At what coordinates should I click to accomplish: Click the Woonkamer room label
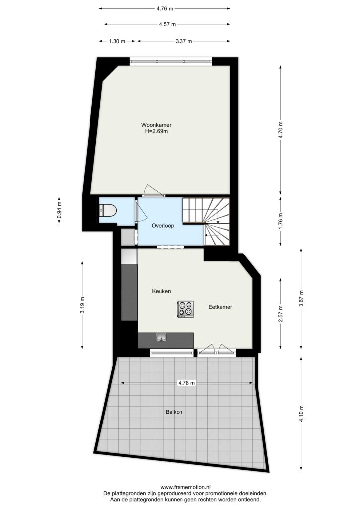[x=156, y=125]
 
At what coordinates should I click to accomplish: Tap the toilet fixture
[x=108, y=210]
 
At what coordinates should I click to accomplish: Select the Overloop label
[x=163, y=226]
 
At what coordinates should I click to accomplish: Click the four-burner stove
[x=185, y=309]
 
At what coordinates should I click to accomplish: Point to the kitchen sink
[x=161, y=338]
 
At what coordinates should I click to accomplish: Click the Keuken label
[x=161, y=291]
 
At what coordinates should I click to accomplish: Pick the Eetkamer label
[x=220, y=307]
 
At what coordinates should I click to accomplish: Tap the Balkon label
[x=174, y=412]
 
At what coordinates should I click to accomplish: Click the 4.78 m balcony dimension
[x=186, y=383]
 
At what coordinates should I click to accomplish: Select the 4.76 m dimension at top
[x=165, y=9]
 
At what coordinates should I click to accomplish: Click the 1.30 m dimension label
[x=117, y=41]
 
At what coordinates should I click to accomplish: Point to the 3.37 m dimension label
[x=184, y=41]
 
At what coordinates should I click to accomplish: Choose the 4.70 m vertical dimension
[x=281, y=130]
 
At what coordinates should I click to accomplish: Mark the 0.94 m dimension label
[x=59, y=210]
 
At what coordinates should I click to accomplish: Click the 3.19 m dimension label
[x=82, y=305]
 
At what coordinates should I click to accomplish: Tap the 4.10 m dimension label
[x=301, y=414]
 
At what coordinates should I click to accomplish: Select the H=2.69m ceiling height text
[x=156, y=131]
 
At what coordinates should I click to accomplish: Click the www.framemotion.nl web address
[x=185, y=487]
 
